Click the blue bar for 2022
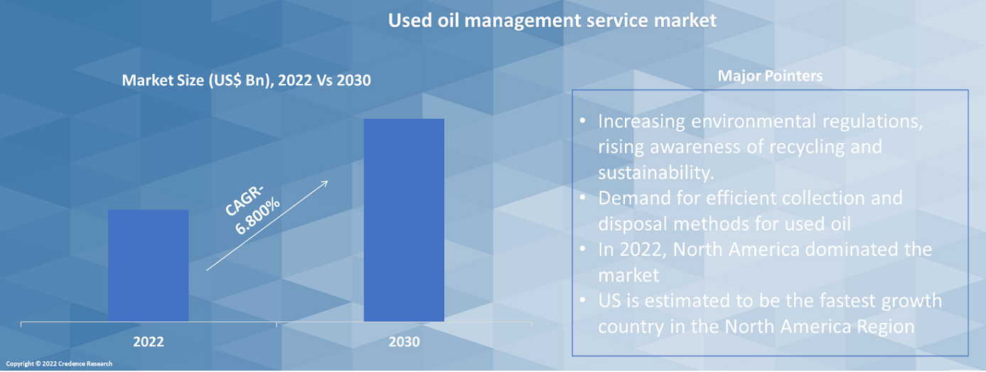tap(148, 265)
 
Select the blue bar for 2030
tap(404, 219)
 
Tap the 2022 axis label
tap(148, 342)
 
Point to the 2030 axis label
tap(404, 342)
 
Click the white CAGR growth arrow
tap(267, 225)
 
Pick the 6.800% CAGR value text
tap(257, 216)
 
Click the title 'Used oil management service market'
tap(552, 21)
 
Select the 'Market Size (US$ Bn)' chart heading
tap(246, 80)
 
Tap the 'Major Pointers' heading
tap(770, 76)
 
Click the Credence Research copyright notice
tap(60, 364)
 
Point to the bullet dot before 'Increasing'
tap(583, 122)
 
